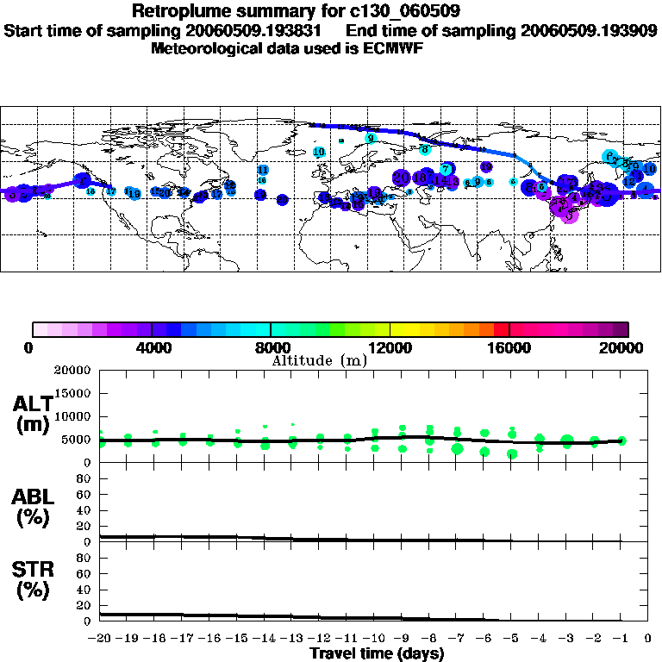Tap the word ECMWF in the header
point(391,48)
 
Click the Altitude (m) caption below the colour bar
point(319,360)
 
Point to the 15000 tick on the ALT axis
point(76,393)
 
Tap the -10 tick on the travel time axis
point(374,639)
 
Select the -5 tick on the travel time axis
point(512,639)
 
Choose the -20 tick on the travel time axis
point(101,639)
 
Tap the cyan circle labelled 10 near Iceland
point(319,152)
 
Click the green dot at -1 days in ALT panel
point(621,440)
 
